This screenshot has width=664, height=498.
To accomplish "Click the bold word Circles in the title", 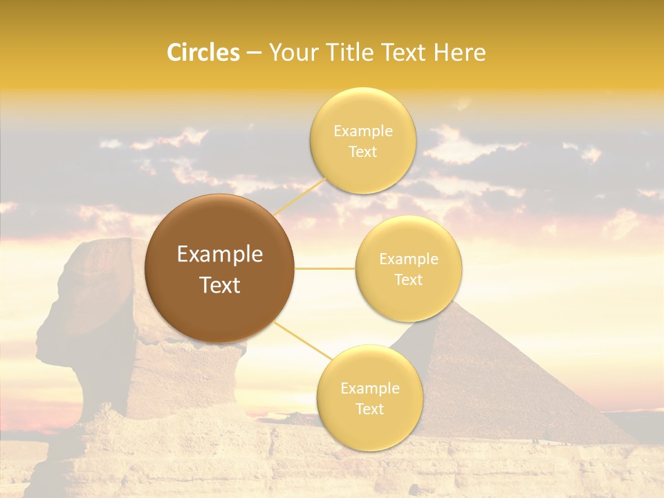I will pos(203,53).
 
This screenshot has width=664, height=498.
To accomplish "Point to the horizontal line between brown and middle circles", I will pos(325,268).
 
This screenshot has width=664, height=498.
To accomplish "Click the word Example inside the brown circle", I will pos(220,255).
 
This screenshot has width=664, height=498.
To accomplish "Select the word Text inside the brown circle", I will pos(220,285).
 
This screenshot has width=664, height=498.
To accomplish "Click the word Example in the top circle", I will pos(363,131).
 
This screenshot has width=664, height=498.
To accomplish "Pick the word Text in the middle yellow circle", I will pos(408,280).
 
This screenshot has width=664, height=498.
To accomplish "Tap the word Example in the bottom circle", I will pos(369,388).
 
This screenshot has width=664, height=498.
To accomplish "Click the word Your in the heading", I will pos(290,53).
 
